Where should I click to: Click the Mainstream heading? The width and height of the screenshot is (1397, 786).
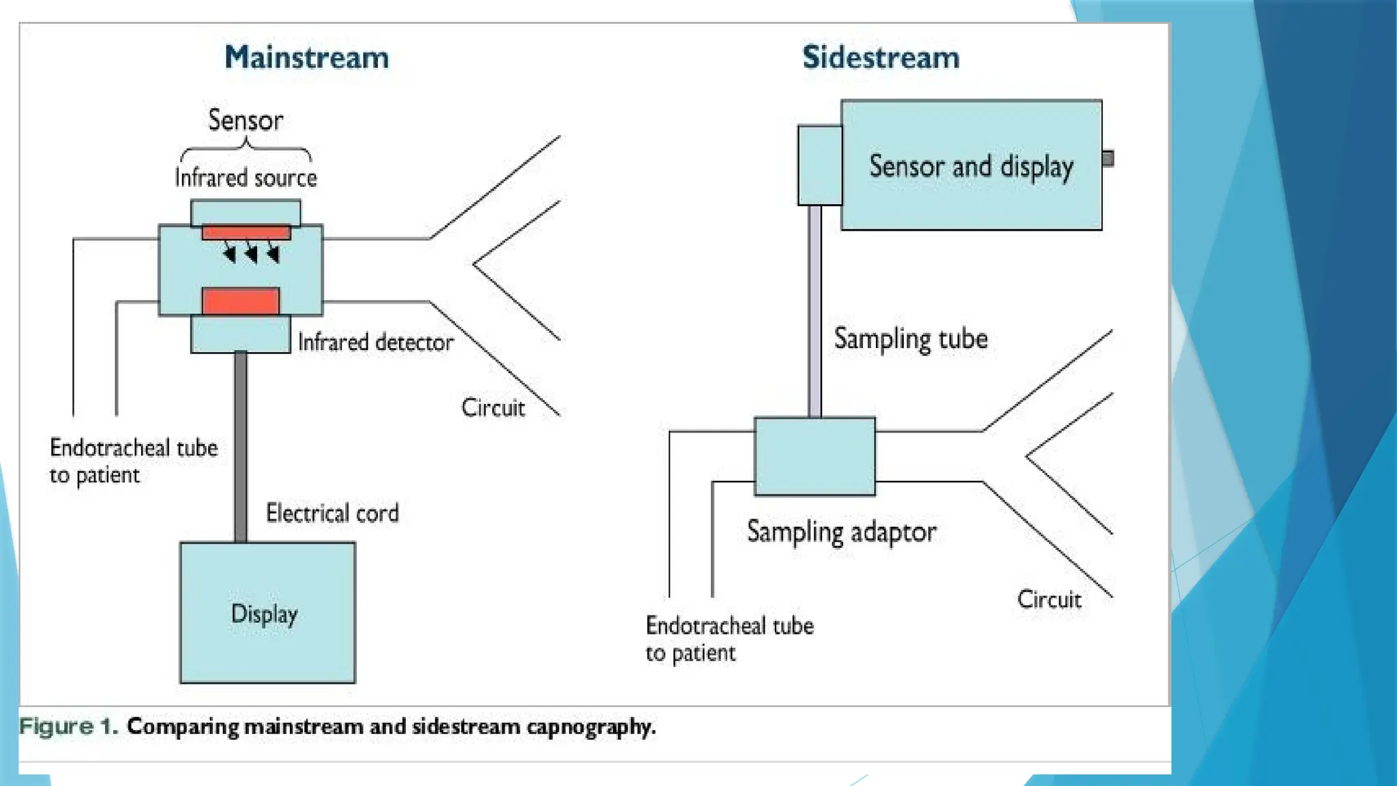tap(307, 57)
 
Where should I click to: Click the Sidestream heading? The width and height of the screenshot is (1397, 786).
tap(881, 57)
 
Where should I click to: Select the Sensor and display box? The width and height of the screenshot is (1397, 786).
tap(971, 166)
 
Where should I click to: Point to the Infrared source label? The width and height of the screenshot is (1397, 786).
tap(246, 178)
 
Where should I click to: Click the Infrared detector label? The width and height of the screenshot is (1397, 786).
tap(376, 342)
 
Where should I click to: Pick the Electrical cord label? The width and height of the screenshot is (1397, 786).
tap(332, 513)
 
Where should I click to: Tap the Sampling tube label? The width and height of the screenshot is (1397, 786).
tap(911, 339)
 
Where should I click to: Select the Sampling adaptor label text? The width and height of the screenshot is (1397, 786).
tap(842, 532)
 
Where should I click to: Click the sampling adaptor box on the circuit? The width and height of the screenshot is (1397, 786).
tap(814, 456)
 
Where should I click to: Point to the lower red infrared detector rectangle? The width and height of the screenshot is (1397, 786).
tap(241, 301)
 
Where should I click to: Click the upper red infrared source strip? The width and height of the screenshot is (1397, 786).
tap(246, 233)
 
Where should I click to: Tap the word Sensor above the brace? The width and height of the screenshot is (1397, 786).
tap(246, 120)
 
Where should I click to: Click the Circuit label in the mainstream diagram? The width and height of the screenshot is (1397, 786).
tap(493, 408)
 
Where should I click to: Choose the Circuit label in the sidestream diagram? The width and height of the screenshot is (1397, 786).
tap(1049, 600)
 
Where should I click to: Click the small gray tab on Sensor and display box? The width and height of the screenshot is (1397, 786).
tap(1108, 158)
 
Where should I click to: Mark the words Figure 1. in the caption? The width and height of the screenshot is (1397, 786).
tap(68, 727)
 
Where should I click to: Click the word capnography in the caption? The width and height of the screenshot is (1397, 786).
tap(590, 727)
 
